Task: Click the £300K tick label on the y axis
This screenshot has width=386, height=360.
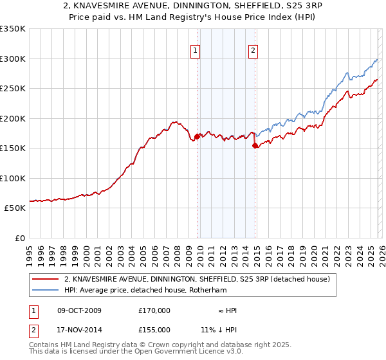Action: click(13, 59)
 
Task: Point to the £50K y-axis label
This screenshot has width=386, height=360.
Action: click(15, 208)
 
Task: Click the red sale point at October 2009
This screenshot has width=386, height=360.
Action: click(197, 136)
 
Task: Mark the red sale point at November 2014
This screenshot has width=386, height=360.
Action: click(255, 145)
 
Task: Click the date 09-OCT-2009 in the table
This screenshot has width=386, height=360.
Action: click(79, 310)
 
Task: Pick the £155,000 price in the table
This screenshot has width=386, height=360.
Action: click(154, 330)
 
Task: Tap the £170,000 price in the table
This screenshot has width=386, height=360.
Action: click(154, 310)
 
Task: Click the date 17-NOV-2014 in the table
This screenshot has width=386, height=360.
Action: click(79, 330)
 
